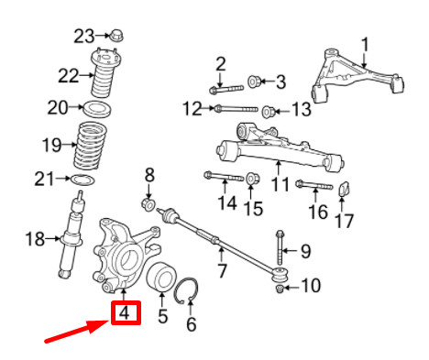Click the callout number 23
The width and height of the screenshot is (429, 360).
84,36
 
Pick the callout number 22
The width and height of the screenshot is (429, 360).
70,75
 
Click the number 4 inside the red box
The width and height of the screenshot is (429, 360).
126,315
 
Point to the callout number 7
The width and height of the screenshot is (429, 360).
221,270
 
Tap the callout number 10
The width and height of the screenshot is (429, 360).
311,287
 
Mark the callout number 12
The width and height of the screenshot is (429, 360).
192,109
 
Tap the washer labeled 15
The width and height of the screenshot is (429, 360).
251,176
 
